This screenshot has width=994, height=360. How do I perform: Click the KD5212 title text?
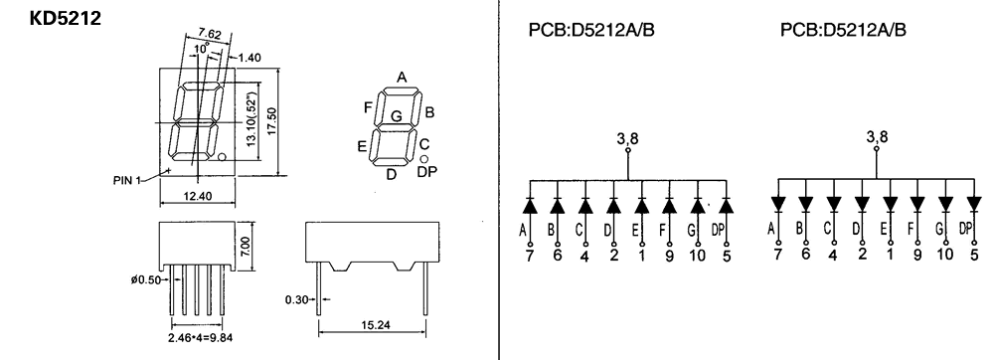(x=66, y=18)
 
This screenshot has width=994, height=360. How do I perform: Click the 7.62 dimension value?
(x=210, y=34)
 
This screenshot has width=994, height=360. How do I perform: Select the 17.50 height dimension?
(x=272, y=121)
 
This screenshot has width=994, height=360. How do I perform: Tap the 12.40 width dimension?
(x=197, y=197)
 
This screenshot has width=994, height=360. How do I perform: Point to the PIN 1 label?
(x=127, y=181)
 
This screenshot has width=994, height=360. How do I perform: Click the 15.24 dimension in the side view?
(x=377, y=325)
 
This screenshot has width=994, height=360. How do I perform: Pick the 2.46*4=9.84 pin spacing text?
(x=201, y=338)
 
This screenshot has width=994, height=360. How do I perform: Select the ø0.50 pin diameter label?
(x=146, y=280)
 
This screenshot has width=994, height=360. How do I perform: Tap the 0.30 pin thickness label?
(x=296, y=299)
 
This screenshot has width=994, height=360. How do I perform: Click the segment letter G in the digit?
(x=397, y=116)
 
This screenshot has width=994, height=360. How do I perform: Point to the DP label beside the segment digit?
(x=427, y=171)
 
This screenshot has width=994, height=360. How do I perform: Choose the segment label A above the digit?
(x=402, y=78)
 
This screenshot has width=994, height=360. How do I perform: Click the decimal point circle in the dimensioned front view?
(x=222, y=156)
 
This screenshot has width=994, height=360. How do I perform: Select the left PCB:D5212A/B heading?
(x=590, y=31)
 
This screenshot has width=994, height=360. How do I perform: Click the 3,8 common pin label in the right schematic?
(x=878, y=136)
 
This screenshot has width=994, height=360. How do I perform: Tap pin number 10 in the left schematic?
(x=697, y=256)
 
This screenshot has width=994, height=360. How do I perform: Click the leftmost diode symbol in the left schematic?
(x=530, y=205)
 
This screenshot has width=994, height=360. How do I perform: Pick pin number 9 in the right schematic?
(x=917, y=255)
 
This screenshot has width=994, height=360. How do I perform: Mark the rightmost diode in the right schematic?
(x=974, y=204)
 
